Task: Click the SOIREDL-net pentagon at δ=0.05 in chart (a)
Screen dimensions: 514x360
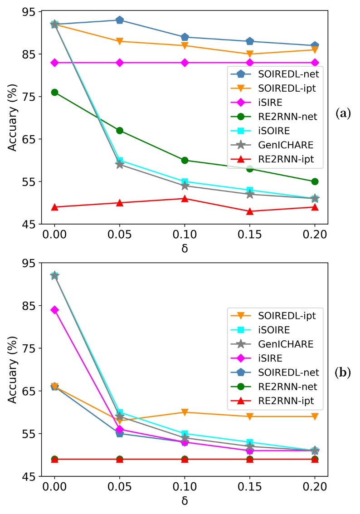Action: pos(120,20)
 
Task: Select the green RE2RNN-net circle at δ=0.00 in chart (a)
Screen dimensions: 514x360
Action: pos(55,92)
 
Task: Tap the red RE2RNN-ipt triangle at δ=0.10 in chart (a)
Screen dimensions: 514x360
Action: pos(185,198)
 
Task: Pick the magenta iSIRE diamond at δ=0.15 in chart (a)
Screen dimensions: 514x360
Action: pos(250,63)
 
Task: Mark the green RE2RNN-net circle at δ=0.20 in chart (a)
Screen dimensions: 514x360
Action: pos(315,181)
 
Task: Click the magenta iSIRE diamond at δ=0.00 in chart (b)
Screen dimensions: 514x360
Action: pos(55,310)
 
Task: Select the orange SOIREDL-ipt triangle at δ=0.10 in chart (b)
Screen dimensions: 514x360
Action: pos(185,412)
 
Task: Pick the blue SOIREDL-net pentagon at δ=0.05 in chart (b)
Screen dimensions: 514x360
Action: pos(120,434)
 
